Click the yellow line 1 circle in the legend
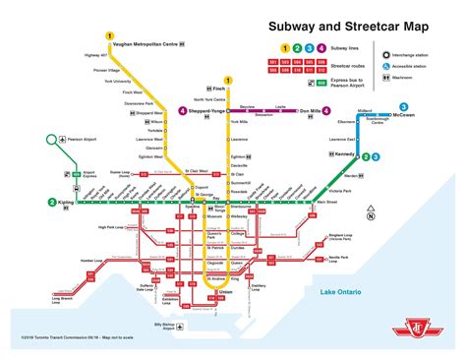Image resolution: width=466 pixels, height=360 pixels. tap(285, 48)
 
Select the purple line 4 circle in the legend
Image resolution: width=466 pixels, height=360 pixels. tap(322, 48)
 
